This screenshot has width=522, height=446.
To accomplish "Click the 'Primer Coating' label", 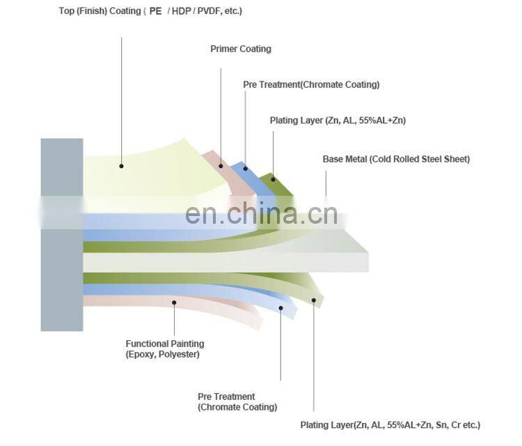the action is tap(241, 49).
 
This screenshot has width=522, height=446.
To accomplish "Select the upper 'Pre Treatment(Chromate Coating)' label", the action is tap(311, 84).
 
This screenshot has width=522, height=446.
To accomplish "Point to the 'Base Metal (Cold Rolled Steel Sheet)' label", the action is tap(396, 159).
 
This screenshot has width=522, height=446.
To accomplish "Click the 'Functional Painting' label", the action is tap(165, 344).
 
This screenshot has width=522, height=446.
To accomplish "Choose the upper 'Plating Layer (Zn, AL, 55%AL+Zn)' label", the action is tap(338, 121).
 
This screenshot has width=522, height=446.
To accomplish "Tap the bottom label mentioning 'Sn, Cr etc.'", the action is tap(390, 424).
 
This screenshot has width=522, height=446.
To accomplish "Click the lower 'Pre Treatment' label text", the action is tap(226, 397).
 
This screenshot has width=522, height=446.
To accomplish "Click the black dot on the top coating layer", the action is tap(121, 166).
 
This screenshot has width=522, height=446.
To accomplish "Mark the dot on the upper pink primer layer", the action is tap(221, 166).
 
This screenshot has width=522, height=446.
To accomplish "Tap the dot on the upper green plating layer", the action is tap(273, 179).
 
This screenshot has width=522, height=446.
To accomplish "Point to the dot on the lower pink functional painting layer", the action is tap(173, 302).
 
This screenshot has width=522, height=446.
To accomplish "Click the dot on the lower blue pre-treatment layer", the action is tap(280, 307).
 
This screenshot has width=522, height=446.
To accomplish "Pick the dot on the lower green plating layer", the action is tap(313, 302).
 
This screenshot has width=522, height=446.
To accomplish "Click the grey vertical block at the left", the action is tap(61, 234).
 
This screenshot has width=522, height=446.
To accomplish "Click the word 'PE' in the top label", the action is tap(155, 11).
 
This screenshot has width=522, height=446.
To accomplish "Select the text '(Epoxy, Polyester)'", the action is tap(162, 354).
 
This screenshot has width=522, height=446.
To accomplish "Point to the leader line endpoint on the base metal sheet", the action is tap(326, 194).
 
